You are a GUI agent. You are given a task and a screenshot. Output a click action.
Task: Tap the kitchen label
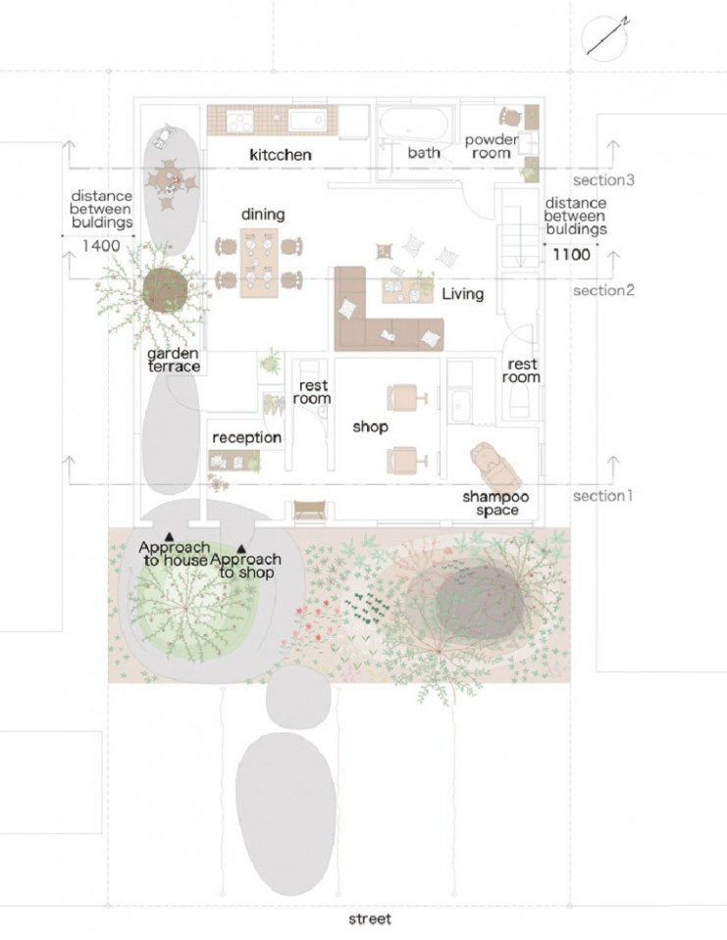[x=281, y=155]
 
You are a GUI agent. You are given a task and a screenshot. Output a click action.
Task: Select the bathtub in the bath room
[x=414, y=124]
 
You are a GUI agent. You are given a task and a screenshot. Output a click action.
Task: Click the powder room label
[x=492, y=146]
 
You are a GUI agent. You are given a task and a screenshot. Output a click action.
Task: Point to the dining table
[x=259, y=263]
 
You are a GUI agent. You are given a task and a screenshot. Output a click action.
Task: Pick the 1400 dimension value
[x=101, y=246]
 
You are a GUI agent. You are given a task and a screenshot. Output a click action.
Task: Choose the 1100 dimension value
[x=572, y=254]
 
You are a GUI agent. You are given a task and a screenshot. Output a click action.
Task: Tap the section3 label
[x=603, y=179]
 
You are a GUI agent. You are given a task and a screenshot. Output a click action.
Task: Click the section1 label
[x=602, y=496]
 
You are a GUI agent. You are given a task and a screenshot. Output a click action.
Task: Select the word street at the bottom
[x=370, y=918]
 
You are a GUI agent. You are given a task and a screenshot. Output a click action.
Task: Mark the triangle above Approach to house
[x=170, y=536]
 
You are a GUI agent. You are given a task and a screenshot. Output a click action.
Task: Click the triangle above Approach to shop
[x=241, y=548]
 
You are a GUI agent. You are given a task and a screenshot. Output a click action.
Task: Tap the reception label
[x=246, y=437]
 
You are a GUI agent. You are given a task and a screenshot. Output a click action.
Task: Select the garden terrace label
[x=174, y=360]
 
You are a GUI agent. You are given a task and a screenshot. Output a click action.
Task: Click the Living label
[x=462, y=294]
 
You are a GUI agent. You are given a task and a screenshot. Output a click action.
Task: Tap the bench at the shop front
[x=309, y=510]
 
